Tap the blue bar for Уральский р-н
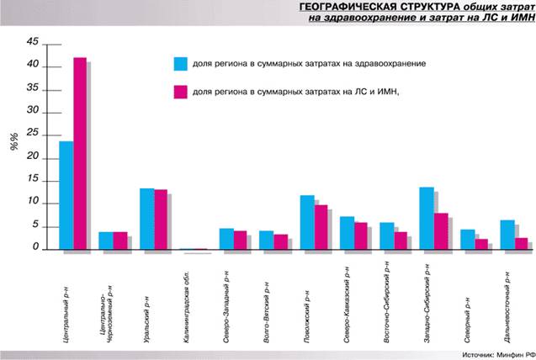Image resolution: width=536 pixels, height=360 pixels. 146,219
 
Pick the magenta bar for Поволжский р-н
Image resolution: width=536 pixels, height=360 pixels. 321,227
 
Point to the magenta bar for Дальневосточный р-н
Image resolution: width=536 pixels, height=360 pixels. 521,243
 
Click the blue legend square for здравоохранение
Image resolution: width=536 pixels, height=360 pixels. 179,64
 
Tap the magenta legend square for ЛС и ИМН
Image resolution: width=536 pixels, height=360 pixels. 179,92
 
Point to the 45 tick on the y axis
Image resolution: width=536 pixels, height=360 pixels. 33,41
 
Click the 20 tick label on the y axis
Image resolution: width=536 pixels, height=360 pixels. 33,156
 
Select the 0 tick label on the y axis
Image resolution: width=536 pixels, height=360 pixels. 35,247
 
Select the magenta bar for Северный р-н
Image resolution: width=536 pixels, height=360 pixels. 480,244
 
